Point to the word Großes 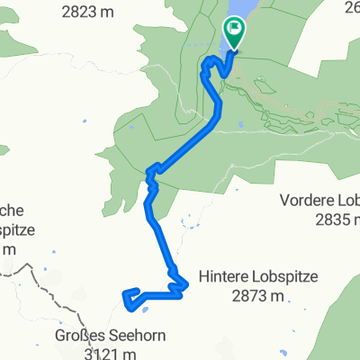pos(69,338)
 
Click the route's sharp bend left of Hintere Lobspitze pos(184,283)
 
